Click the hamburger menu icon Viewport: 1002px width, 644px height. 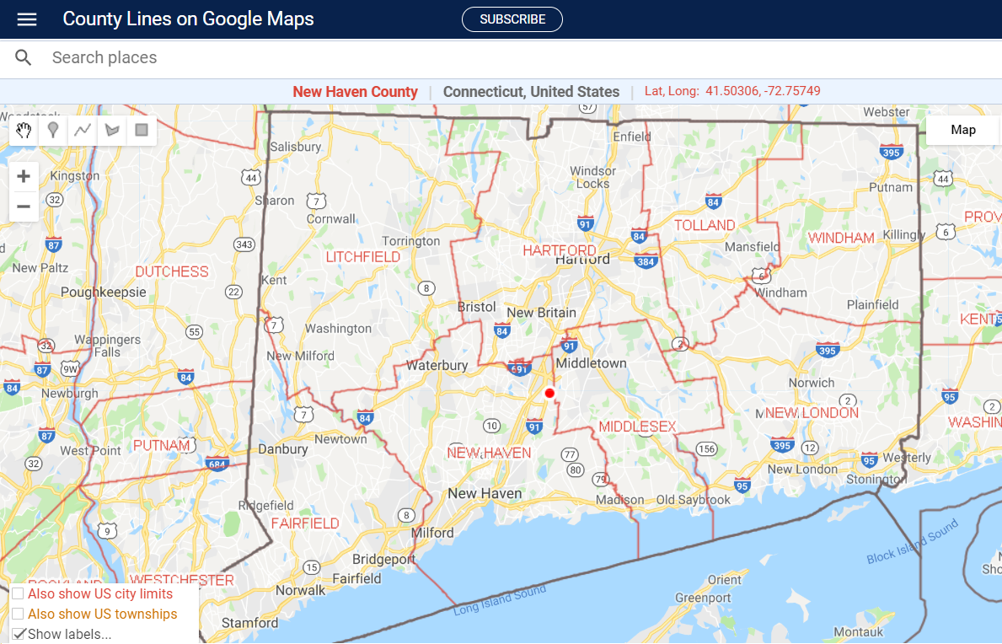(27, 19)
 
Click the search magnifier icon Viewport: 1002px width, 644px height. (24, 58)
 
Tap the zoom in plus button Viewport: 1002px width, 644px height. (24, 176)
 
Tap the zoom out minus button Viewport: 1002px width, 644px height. (24, 207)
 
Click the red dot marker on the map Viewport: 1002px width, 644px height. (549, 393)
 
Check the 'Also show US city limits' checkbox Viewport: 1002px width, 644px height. (18, 594)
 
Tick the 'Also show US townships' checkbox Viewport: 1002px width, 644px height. (18, 614)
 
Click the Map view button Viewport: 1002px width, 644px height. (962, 130)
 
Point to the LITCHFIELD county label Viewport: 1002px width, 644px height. (363, 256)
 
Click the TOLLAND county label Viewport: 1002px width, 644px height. (705, 225)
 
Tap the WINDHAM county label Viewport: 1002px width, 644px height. (841, 238)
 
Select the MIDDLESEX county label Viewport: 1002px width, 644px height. (637, 427)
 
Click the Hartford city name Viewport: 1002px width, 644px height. (582, 260)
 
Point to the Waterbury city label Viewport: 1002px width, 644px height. (437, 366)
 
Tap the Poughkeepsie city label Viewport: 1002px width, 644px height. (103, 292)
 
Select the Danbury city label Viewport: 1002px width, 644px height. (283, 449)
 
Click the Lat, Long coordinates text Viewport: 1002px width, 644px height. (732, 91)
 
